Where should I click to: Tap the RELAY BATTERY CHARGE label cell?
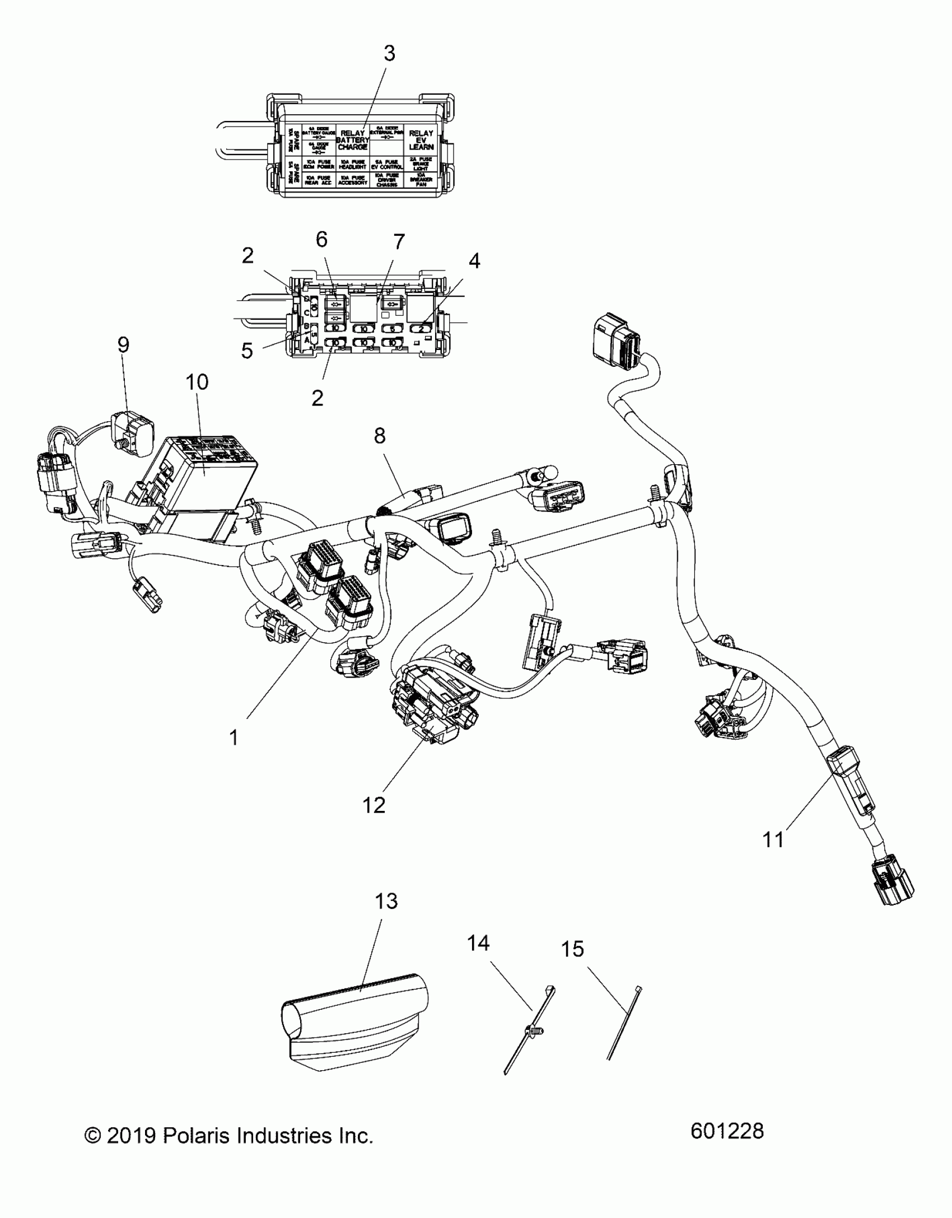pos(353,140)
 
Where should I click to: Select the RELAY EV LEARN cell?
pos(421,140)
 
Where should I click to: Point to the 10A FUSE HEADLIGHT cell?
pos(353,164)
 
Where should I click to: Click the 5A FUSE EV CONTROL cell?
pos(386,164)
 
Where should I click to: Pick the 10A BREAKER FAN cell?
pos(421,180)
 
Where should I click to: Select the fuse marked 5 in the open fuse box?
pos(392,329)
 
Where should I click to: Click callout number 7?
pos(399,242)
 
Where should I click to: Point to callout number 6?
pos(321,240)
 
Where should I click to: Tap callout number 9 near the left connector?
pos(123,345)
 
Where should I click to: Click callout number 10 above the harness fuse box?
pos(197,382)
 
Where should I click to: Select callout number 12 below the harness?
pos(374,805)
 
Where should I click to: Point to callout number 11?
pos(773,855)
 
